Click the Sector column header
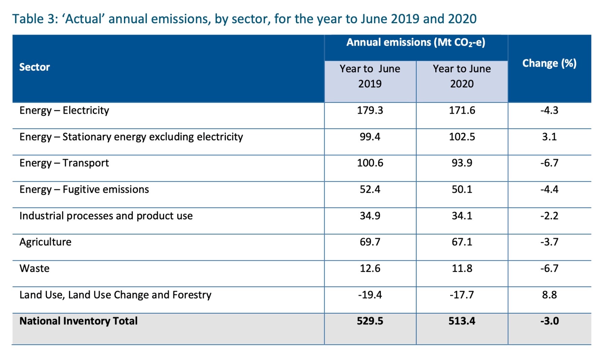click(34, 67)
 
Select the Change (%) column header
click(549, 63)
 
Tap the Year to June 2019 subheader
click(370, 76)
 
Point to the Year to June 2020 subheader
click(462, 76)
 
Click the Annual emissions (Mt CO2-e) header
click(416, 42)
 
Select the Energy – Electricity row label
click(64, 110)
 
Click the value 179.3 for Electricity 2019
click(370, 110)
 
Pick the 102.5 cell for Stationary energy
click(462, 137)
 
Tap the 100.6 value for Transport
click(370, 163)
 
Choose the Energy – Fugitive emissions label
click(84, 189)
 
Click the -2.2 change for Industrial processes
click(549, 216)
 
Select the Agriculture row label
click(45, 242)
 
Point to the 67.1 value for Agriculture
click(462, 242)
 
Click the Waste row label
click(34, 268)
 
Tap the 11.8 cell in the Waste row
click(462, 268)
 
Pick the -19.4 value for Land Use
click(370, 295)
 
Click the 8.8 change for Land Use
click(549, 295)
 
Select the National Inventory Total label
click(78, 321)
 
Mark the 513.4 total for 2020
click(462, 321)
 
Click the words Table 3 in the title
click(35, 19)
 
